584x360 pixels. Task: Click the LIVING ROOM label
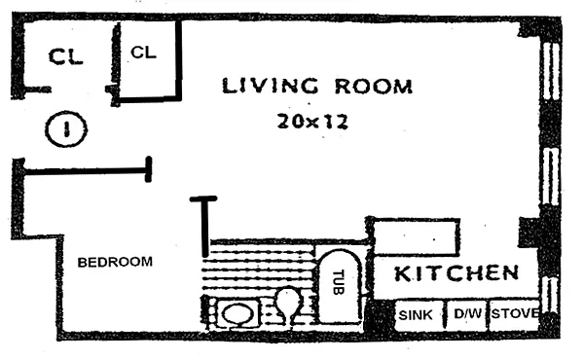pyautogui.click(x=317, y=86)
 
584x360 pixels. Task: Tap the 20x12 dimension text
pyautogui.click(x=312, y=122)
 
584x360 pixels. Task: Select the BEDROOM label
pyautogui.click(x=115, y=262)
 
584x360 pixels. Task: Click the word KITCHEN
pyautogui.click(x=456, y=273)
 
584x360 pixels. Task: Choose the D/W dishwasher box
pyautogui.click(x=467, y=314)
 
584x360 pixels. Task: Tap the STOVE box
pyautogui.click(x=514, y=314)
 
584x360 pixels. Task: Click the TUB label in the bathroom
pyautogui.click(x=338, y=282)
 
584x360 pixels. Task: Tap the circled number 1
pyautogui.click(x=66, y=128)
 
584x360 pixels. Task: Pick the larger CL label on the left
pyautogui.click(x=65, y=57)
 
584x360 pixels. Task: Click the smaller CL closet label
pyautogui.click(x=143, y=53)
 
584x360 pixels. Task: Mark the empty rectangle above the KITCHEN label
pyautogui.click(x=416, y=238)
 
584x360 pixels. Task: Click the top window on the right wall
pyautogui.click(x=551, y=71)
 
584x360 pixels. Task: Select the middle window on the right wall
pyautogui.click(x=551, y=176)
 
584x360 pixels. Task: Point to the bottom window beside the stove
pyautogui.click(x=551, y=296)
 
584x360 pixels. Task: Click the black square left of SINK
pyautogui.click(x=380, y=315)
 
